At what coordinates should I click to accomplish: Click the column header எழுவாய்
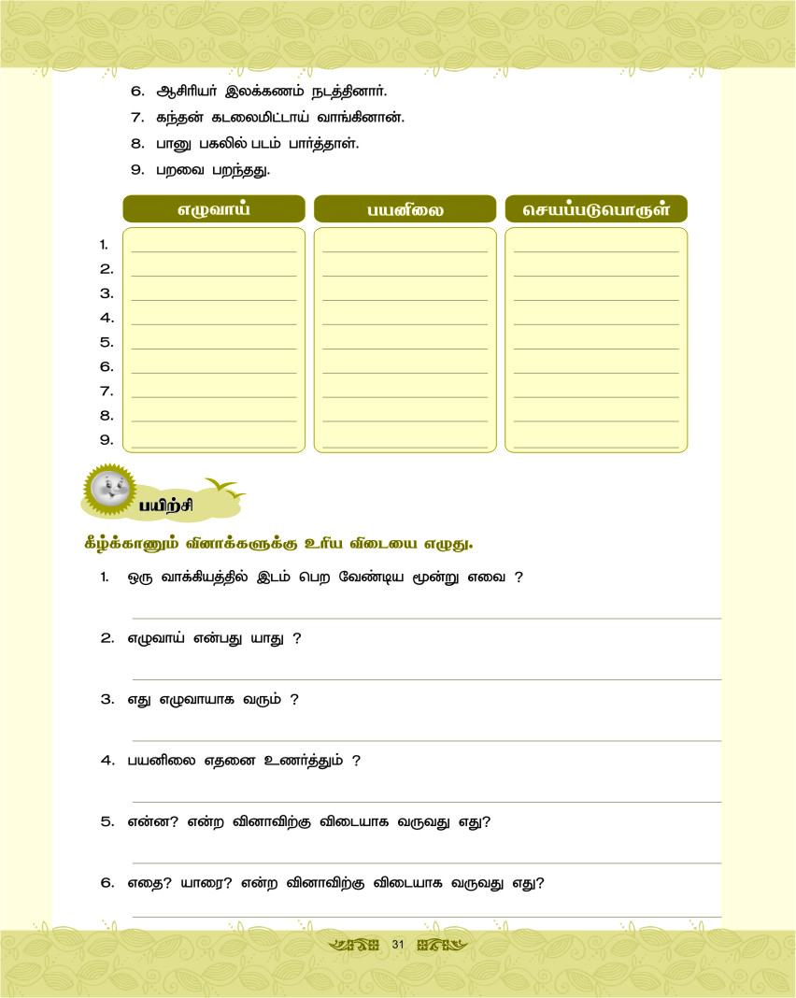pos(214,209)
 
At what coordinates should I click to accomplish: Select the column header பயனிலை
pos(405,210)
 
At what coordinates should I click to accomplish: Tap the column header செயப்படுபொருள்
pos(596,209)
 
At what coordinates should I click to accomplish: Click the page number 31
pos(397,945)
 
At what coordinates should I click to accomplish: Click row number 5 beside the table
pos(106,342)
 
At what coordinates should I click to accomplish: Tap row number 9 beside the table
pos(106,439)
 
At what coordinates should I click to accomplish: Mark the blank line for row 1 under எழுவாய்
pos(214,251)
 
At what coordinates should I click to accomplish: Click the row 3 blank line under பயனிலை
pos(405,300)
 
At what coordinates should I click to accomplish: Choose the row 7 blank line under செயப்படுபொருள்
pos(596,397)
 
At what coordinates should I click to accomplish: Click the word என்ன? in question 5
pos(152,822)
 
